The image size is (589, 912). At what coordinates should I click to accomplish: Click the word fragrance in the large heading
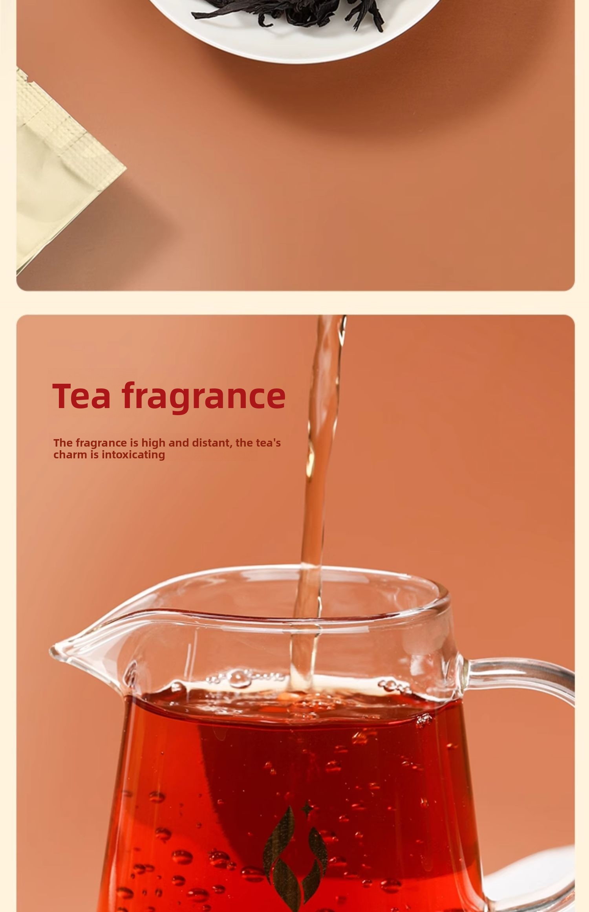click(203, 397)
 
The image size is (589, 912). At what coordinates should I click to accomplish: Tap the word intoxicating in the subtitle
click(133, 455)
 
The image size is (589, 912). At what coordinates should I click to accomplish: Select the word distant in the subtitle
click(212, 443)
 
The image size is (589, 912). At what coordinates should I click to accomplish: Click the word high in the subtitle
click(153, 443)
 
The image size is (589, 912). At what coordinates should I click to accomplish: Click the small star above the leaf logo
click(306, 808)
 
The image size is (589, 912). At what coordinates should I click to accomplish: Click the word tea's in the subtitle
click(268, 443)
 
